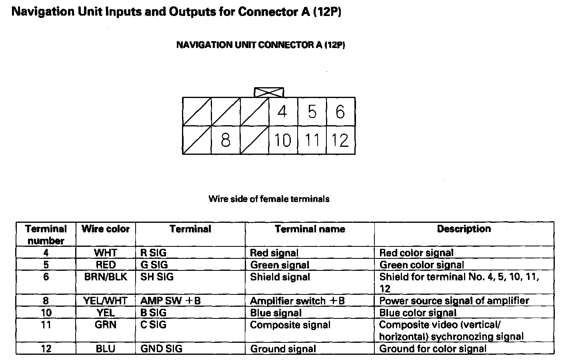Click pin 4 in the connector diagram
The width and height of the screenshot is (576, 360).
pyautogui.click(x=282, y=112)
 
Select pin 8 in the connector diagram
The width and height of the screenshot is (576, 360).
pyautogui.click(x=226, y=140)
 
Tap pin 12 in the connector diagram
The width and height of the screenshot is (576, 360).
pyautogui.click(x=340, y=140)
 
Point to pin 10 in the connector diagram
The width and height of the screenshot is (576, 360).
pyautogui.click(x=283, y=140)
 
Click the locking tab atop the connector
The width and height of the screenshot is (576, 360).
pyautogui.click(x=269, y=92)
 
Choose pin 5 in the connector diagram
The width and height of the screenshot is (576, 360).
pyautogui.click(x=312, y=112)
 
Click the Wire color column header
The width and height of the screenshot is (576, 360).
pyautogui.click(x=106, y=229)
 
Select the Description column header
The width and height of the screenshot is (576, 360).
pyautogui.click(x=464, y=229)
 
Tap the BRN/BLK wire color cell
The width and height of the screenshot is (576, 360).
pyautogui.click(x=106, y=277)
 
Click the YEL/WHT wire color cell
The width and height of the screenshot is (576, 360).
pyautogui.click(x=106, y=301)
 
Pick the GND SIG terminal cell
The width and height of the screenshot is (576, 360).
pyautogui.click(x=161, y=349)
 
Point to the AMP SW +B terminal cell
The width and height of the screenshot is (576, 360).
pyautogui.click(x=170, y=301)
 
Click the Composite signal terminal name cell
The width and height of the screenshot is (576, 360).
pyautogui.click(x=290, y=325)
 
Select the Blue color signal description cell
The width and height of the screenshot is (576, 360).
pyautogui.click(x=418, y=313)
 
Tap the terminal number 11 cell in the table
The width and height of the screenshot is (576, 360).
pyautogui.click(x=46, y=325)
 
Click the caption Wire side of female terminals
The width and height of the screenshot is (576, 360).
pyautogui.click(x=269, y=199)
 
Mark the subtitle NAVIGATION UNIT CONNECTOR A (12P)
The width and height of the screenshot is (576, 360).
pyautogui.click(x=260, y=45)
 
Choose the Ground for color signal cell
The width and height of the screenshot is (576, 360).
pyautogui.click(x=433, y=349)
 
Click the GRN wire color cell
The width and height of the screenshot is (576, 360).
pyautogui.click(x=106, y=325)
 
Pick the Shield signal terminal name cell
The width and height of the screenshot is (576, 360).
pyautogui.click(x=280, y=277)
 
